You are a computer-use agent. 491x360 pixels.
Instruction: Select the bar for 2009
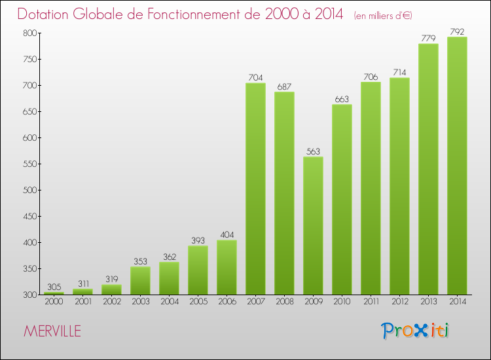pos(313,226)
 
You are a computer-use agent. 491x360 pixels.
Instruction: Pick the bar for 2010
pos(342,200)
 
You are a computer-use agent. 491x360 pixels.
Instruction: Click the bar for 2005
pos(198,270)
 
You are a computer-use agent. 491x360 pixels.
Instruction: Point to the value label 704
pos(255,77)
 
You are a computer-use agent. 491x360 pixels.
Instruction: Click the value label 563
pos(313,151)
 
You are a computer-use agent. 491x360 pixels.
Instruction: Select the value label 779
pos(428,38)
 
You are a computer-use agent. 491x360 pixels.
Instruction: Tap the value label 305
pos(54,286)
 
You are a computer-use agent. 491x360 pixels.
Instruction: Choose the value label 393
pos(198,240)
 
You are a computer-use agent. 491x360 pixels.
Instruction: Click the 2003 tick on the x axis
pos(140,302)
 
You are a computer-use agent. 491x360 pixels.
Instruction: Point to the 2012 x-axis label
pos(399,302)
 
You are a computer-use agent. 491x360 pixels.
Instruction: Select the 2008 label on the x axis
pos(284,302)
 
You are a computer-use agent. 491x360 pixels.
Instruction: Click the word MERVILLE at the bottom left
pos(52,331)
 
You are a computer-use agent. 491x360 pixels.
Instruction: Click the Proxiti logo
pos(416,331)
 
